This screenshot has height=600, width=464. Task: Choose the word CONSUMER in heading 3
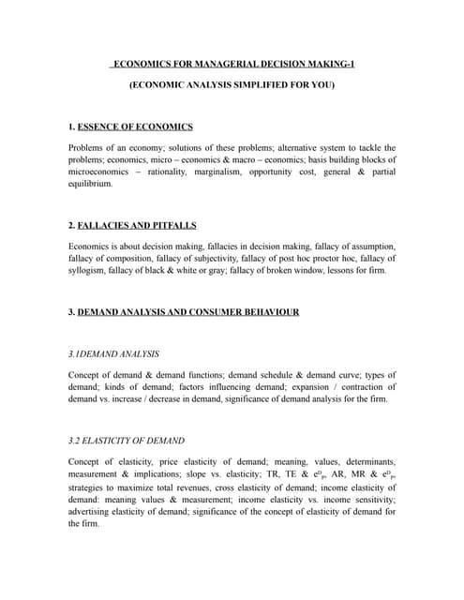coord(207,312)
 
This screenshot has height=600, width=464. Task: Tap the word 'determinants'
coord(367,461)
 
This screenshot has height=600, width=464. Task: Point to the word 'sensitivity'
coord(370,499)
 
